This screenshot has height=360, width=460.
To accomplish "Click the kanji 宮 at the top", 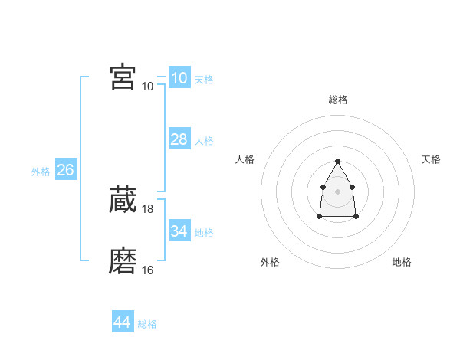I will [123, 77].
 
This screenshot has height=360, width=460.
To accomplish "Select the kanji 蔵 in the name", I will [123, 200].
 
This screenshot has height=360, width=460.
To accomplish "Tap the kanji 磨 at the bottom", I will [123, 261].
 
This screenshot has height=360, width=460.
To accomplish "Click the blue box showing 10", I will [179, 78].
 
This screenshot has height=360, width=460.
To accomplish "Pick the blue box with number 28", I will [179, 139].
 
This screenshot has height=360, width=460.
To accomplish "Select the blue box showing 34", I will [179, 231].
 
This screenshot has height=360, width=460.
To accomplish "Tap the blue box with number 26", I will [65, 170].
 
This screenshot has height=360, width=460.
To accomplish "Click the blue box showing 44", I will [122, 322].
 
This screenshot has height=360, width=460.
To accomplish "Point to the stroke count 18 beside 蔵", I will [148, 209].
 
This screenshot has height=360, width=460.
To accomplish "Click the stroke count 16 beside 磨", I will [148, 270].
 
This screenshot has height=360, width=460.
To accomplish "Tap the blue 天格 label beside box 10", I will [204, 80].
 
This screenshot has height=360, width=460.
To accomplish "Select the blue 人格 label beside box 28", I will [204, 141].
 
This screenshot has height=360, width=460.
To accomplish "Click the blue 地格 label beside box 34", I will [204, 233].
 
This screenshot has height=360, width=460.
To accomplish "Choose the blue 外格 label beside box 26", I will [41, 172].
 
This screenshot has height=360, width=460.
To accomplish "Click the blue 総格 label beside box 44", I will [147, 325].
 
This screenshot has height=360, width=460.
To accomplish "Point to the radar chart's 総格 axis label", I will [338, 100].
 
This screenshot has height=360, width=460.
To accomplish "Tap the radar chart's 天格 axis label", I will [431, 159].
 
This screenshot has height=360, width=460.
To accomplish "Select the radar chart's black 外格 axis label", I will [270, 262].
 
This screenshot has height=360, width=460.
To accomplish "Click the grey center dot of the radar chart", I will [337, 191].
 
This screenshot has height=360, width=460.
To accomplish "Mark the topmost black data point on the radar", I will [337, 162].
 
